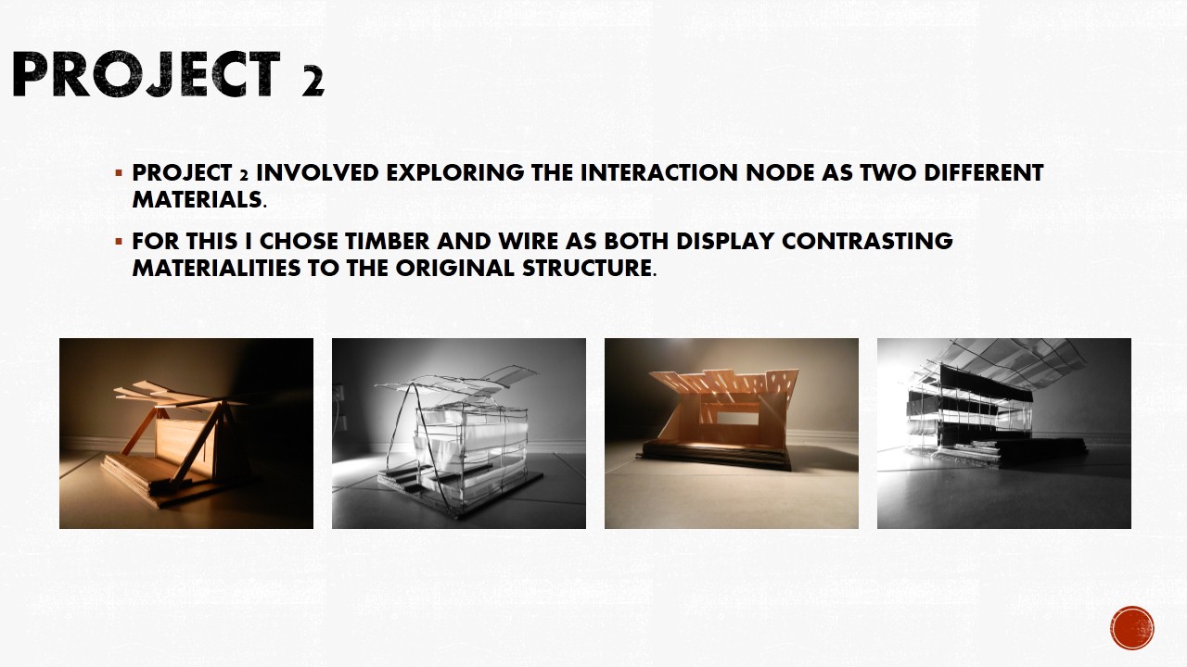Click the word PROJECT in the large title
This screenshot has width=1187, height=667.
[145, 75]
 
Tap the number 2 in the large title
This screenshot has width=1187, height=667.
[312, 82]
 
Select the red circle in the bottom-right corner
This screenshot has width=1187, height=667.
[1131, 628]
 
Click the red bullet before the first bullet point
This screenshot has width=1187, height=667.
[119, 173]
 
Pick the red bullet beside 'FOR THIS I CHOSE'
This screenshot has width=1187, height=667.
[119, 242]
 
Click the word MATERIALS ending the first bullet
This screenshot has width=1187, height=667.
[198, 200]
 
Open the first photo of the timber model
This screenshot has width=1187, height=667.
[186, 434]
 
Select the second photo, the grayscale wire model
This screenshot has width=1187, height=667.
[459, 434]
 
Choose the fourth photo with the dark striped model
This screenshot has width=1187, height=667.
[1004, 434]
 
